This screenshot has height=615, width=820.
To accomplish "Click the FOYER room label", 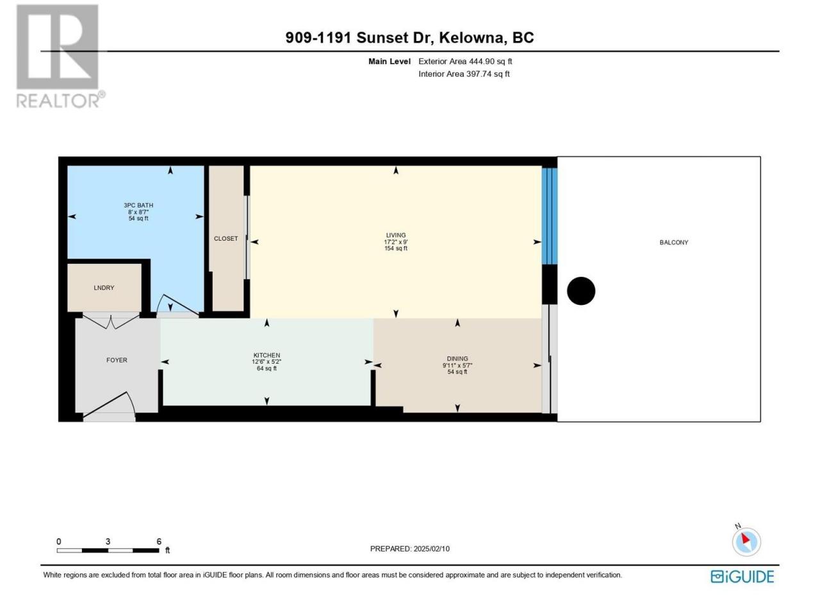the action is [117, 360].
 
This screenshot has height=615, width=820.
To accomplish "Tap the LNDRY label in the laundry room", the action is [104, 288].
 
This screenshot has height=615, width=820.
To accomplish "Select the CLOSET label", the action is [225, 238].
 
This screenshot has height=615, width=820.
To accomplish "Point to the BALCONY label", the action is [673, 242].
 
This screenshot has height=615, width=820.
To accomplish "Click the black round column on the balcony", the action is [581, 291].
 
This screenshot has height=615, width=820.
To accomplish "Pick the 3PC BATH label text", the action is [138, 205].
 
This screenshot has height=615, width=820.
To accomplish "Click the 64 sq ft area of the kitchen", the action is [266, 368].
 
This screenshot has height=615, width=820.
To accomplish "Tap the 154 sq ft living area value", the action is [396, 248].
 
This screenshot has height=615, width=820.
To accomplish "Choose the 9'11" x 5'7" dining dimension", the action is [457, 365].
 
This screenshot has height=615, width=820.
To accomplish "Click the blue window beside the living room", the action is [550, 216].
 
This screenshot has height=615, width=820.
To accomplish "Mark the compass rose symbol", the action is [746, 541].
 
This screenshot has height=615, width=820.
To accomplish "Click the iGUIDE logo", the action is [742, 577].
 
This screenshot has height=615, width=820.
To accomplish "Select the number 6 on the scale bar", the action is [159, 541].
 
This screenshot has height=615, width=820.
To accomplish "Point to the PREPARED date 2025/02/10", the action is [431, 548].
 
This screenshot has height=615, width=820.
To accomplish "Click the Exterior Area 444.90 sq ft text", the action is [465, 61].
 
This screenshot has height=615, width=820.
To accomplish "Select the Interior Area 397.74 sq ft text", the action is [464, 74].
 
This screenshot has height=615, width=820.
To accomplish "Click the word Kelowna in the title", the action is [471, 38].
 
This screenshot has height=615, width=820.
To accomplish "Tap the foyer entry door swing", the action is [109, 406].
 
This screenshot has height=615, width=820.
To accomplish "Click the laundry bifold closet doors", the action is [111, 322].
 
